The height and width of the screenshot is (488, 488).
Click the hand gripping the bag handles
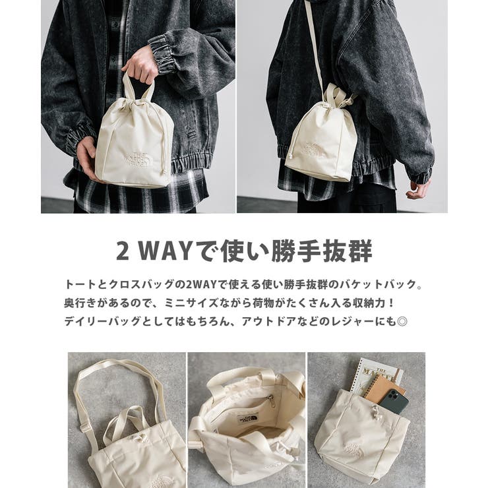tap(140, 67)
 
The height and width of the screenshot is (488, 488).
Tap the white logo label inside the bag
tap(247, 419)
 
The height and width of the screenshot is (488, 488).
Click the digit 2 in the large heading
tap(123, 251)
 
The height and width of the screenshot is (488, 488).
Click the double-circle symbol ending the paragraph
tap(402, 321)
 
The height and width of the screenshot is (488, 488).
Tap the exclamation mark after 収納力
tap(391, 303)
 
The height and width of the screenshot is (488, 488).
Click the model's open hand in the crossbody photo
tap(418, 189)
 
